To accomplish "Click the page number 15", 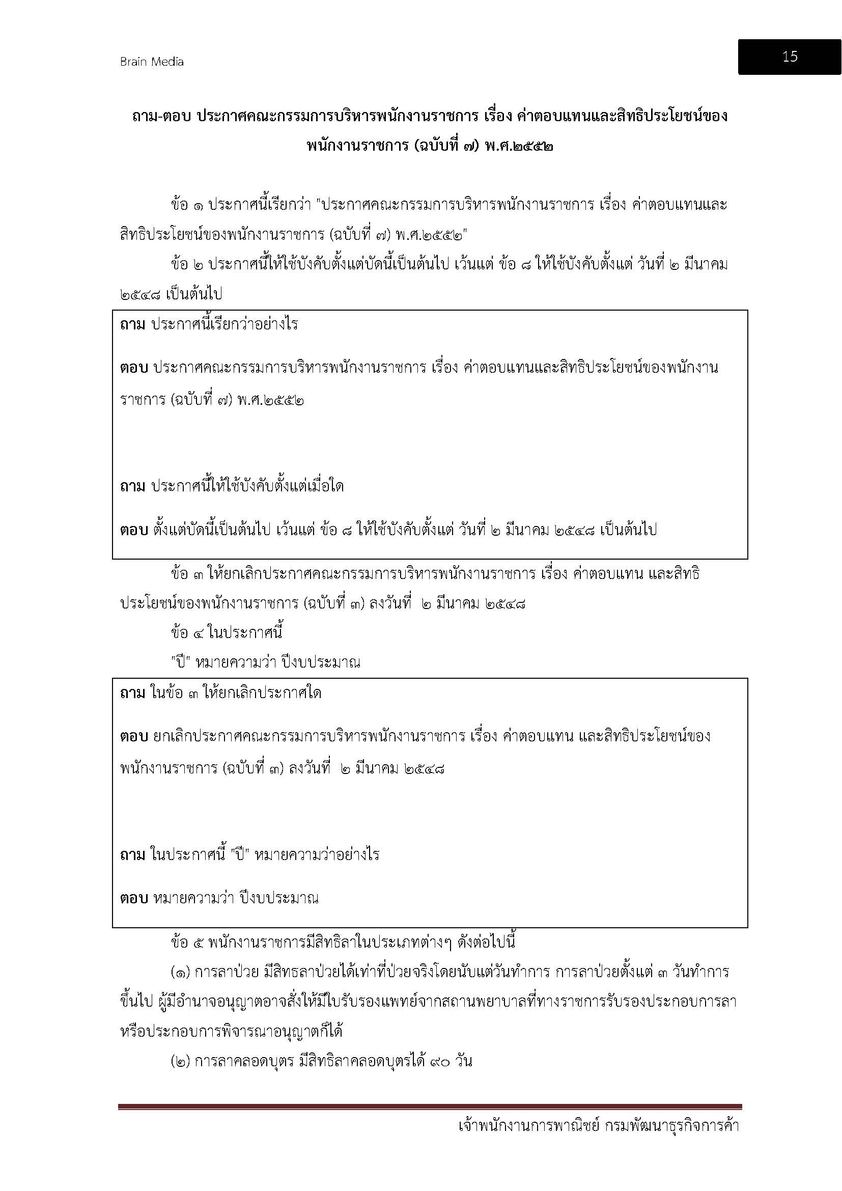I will click(x=789, y=57).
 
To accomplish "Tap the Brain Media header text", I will click(x=151, y=62).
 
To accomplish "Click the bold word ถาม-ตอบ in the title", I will click(x=161, y=116).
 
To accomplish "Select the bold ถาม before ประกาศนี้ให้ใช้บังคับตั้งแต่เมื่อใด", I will click(x=132, y=487).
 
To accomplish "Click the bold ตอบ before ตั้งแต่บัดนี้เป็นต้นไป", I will click(x=134, y=530).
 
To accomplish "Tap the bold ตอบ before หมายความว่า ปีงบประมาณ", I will click(x=134, y=898).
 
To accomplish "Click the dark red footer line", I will click(x=430, y=1106).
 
